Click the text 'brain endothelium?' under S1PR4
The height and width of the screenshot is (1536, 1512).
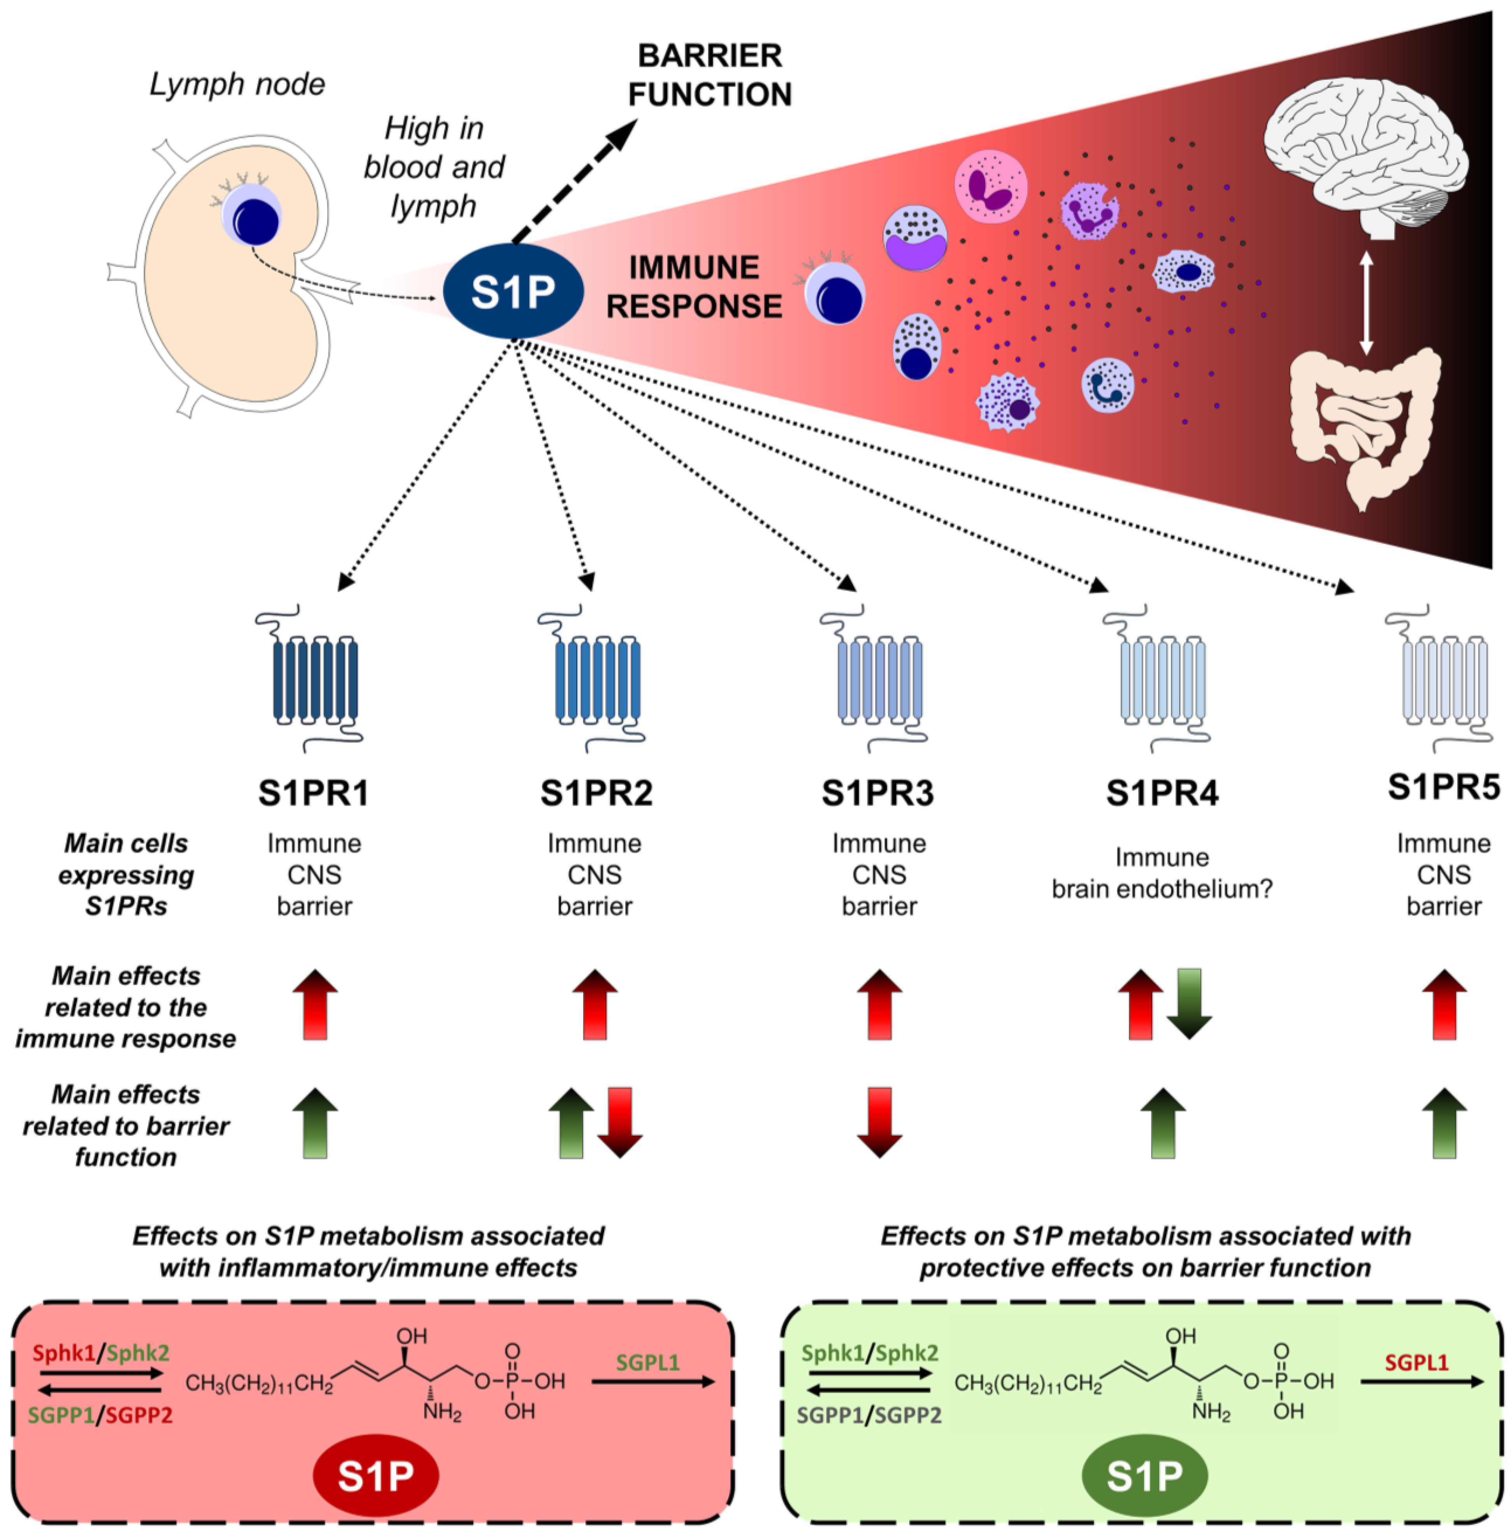(1162, 889)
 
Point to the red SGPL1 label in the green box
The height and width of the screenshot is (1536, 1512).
(1417, 1363)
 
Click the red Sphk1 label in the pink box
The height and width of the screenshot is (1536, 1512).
(63, 1353)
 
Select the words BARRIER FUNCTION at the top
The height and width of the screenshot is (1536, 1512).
(710, 76)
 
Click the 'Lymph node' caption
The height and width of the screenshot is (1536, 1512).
(237, 84)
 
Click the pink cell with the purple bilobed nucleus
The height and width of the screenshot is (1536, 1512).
(990, 187)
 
